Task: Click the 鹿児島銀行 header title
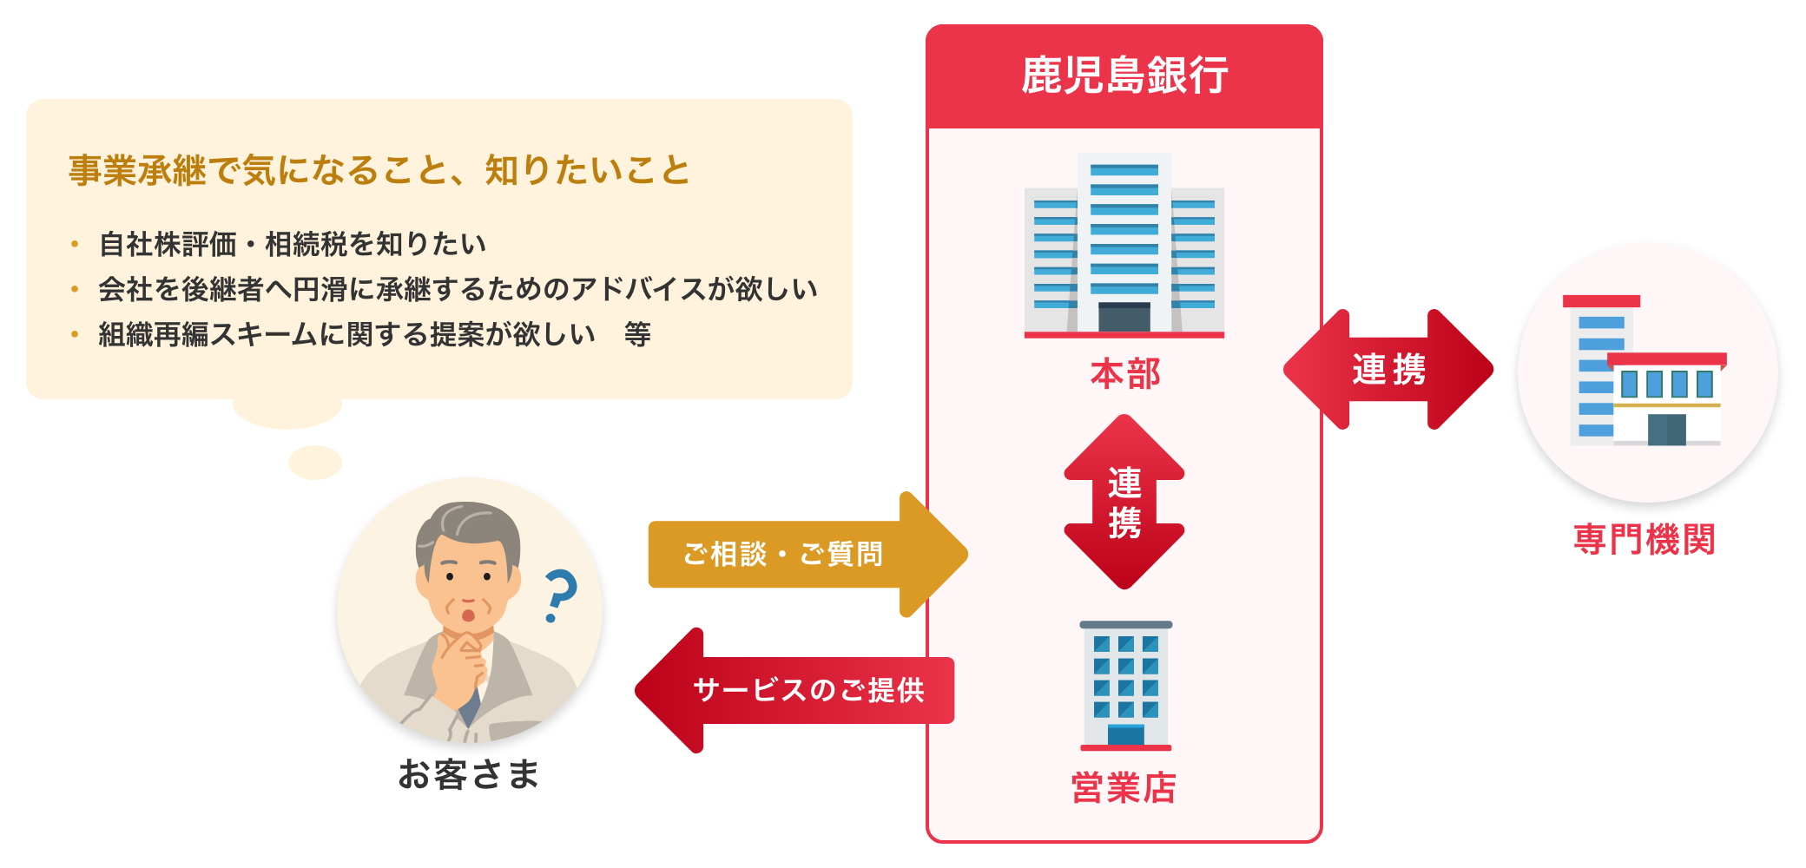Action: click(x=1124, y=76)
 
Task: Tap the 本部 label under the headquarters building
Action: click(x=1124, y=374)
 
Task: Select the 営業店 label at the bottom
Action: click(x=1124, y=788)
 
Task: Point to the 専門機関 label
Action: click(x=1645, y=539)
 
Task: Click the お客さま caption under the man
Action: click(x=469, y=774)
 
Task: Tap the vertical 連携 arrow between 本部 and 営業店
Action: click(x=1124, y=503)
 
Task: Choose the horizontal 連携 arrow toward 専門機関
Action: click(x=1388, y=370)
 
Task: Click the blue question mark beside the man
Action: click(x=560, y=595)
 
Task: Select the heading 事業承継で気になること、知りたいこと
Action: click(x=379, y=170)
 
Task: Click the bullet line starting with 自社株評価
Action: click(x=292, y=245)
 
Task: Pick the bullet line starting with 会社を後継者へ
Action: click(x=458, y=289)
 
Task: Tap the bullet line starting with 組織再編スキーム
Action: click(x=374, y=334)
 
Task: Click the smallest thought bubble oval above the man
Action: click(x=315, y=463)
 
